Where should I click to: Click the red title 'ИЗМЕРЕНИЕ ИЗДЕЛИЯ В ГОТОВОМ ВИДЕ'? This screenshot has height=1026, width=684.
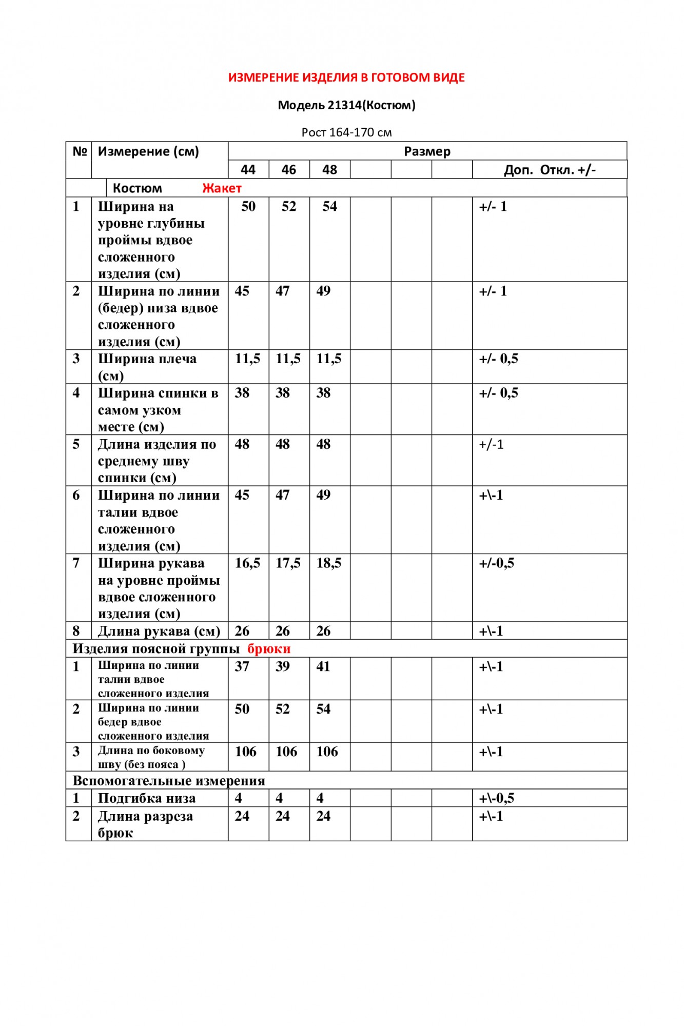(346, 78)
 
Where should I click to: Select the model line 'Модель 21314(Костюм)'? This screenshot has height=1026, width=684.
(346, 106)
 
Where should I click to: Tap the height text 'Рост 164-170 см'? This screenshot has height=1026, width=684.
(346, 132)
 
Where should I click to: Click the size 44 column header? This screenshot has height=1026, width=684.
(248, 170)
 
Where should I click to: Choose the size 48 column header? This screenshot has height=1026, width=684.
(329, 170)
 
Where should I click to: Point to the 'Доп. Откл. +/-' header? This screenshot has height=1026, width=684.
(550, 170)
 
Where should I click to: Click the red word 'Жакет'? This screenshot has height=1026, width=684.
(222, 188)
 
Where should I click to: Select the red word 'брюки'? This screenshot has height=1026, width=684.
(269, 649)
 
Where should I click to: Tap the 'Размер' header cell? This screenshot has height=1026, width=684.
(427, 151)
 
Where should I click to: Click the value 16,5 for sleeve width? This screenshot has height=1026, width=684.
(247, 563)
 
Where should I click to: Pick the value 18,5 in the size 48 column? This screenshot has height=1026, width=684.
(329, 563)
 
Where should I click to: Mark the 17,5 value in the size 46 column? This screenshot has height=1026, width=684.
(288, 563)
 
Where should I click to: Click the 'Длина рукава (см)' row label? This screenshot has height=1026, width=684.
(159, 631)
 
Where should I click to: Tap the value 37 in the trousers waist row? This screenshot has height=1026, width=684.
(242, 666)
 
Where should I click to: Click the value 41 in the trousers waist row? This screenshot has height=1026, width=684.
(323, 666)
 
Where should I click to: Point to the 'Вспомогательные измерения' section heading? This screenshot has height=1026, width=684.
(169, 781)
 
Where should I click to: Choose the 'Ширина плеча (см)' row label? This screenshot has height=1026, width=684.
(147, 367)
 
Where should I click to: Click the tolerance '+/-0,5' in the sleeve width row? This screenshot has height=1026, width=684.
(496, 563)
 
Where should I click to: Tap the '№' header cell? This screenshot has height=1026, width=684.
(80, 151)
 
